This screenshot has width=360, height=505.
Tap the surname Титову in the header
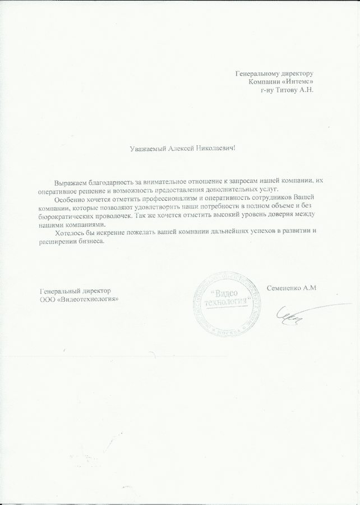coord(285,90)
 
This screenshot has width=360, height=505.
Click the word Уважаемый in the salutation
coord(147,149)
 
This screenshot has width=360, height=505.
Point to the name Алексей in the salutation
coord(181,149)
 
